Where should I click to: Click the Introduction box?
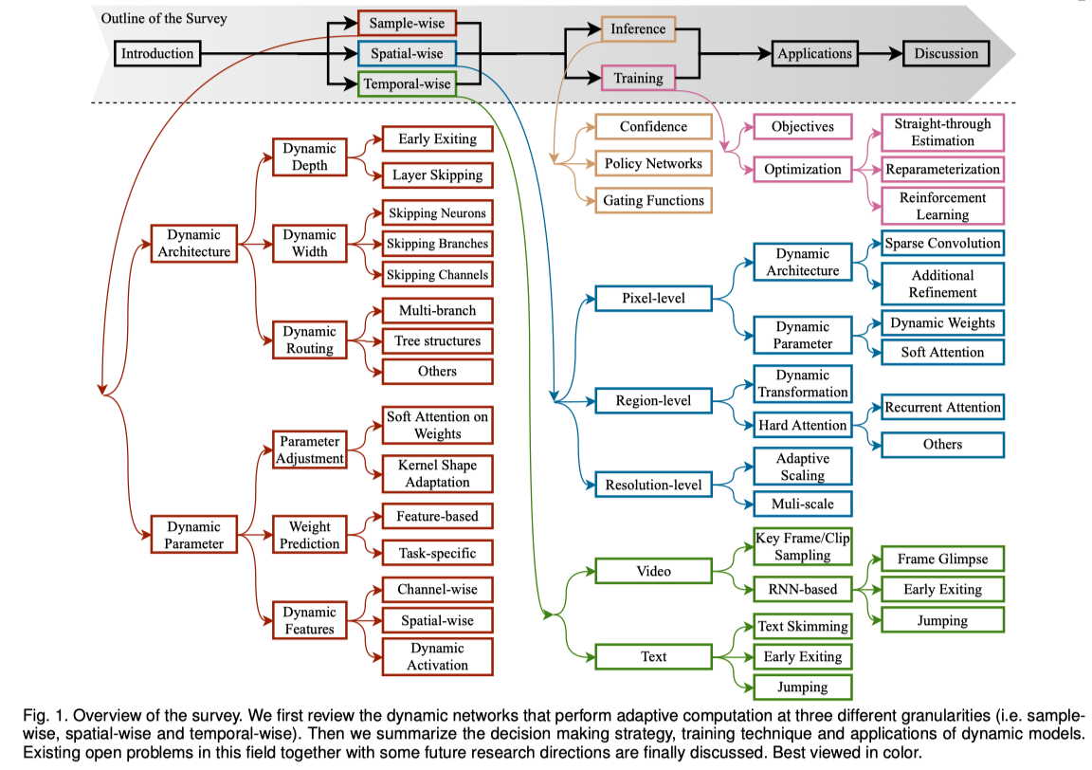[157, 54]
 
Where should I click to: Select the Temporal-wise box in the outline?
[407, 84]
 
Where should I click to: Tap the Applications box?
[815, 54]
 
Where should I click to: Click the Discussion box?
[946, 54]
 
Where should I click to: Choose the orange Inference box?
[638, 28]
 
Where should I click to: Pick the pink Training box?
[638, 78]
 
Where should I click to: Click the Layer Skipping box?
[437, 174]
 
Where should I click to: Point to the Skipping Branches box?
[437, 244]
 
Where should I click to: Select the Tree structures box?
[437, 340]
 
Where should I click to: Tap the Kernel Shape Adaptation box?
[437, 474]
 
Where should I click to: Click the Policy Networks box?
[653, 164]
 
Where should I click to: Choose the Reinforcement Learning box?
[942, 207]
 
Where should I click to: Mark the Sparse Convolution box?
[942, 243]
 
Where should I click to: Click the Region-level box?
[653, 401]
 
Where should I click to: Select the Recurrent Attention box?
[942, 407]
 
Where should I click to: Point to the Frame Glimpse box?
[942, 559]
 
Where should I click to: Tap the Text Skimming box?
[802, 627]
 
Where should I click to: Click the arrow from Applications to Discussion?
[881, 54]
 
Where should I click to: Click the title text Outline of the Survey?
[164, 19]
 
